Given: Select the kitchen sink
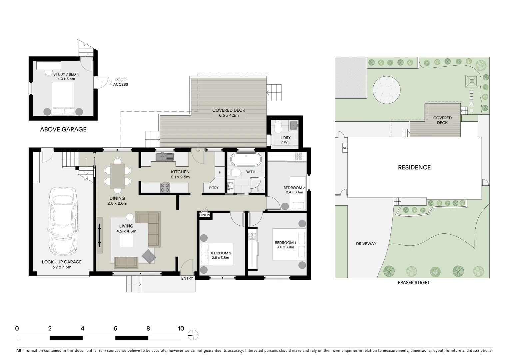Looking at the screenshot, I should click(165, 156).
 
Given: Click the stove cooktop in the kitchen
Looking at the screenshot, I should click(165, 187).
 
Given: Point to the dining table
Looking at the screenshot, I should click(117, 176).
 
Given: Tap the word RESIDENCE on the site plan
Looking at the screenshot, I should click(414, 168).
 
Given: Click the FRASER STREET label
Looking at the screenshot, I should click(413, 283).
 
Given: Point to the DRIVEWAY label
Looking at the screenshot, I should click(366, 244).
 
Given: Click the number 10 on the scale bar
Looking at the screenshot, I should click(181, 329).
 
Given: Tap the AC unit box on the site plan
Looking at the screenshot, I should click(345, 148).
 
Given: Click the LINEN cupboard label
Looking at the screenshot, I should click(205, 215).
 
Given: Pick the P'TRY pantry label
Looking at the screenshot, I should click(214, 188).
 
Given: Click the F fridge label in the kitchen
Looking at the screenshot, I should click(220, 172).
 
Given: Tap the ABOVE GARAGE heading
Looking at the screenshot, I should click(63, 129).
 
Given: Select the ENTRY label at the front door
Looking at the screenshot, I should click(187, 278).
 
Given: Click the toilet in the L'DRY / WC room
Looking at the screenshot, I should click(278, 127).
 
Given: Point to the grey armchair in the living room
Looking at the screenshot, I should click(148, 256).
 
